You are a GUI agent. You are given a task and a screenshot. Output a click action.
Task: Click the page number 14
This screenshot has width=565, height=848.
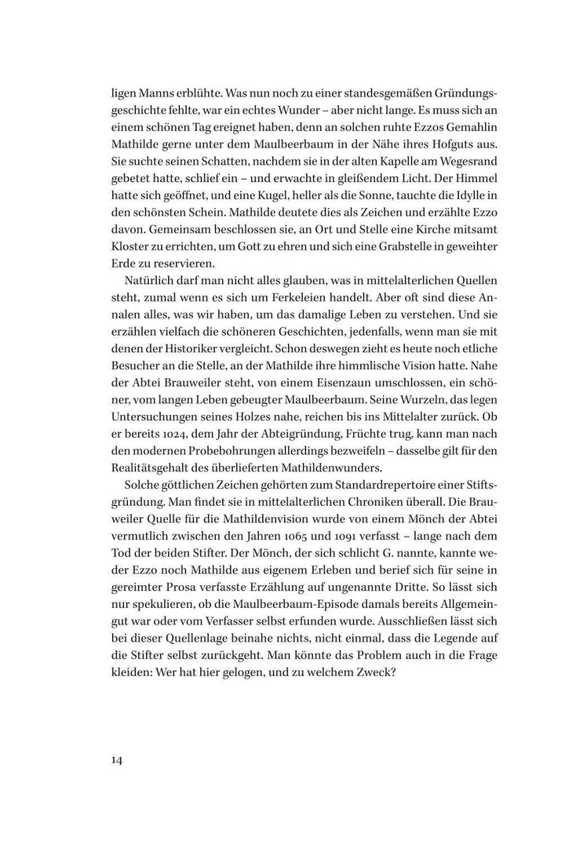118,759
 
